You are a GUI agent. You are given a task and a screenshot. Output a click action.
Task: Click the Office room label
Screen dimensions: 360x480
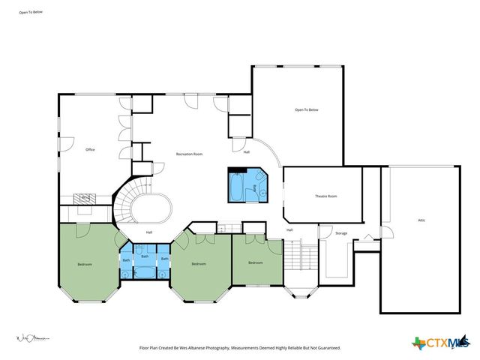click(89, 149)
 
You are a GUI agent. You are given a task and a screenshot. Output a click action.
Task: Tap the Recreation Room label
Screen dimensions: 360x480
click(189, 154)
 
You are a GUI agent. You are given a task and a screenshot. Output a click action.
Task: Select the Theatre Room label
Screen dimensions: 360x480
click(325, 196)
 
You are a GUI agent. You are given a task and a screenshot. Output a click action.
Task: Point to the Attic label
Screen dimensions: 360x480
click(421, 220)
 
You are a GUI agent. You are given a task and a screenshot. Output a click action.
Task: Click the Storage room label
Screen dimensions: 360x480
click(341, 233)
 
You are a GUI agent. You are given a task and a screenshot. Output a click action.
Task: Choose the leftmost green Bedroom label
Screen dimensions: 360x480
click(84, 264)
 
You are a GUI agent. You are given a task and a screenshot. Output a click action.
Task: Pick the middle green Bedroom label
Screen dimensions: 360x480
click(199, 264)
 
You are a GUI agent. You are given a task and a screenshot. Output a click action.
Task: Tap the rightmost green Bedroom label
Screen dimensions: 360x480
click(256, 262)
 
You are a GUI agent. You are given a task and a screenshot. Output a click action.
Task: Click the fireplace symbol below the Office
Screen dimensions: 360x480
click(85, 198)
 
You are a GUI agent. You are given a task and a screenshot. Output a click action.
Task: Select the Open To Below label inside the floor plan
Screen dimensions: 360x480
click(306, 110)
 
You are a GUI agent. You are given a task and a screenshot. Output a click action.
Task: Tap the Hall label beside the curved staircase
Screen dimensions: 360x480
click(148, 232)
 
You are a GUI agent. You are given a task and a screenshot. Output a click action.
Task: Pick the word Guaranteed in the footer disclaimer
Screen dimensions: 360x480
click(325, 348)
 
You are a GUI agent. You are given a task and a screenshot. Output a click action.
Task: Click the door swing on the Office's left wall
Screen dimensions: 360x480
click(67, 142)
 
